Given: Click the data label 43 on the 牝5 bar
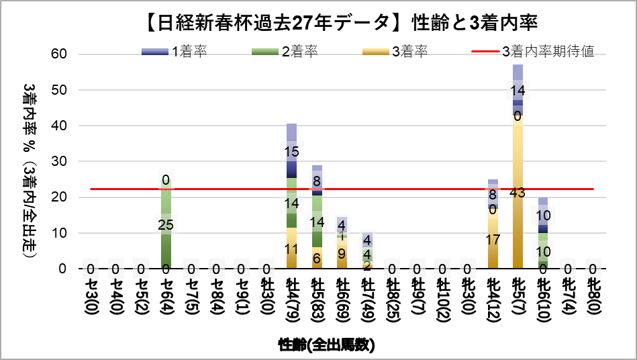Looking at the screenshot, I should pyautogui.click(x=518, y=193).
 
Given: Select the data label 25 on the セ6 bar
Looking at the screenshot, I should pyautogui.click(x=166, y=224).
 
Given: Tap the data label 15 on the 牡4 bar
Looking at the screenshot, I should pyautogui.click(x=292, y=152).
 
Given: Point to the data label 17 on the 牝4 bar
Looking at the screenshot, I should pyautogui.click(x=493, y=239).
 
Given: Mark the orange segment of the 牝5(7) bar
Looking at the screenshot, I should pyautogui.click(x=518, y=228).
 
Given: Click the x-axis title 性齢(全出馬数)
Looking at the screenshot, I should pyautogui.click(x=326, y=345).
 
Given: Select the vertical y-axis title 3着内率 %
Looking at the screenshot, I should pyautogui.click(x=31, y=161).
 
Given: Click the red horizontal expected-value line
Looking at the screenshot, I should pyautogui.click(x=403, y=189).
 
